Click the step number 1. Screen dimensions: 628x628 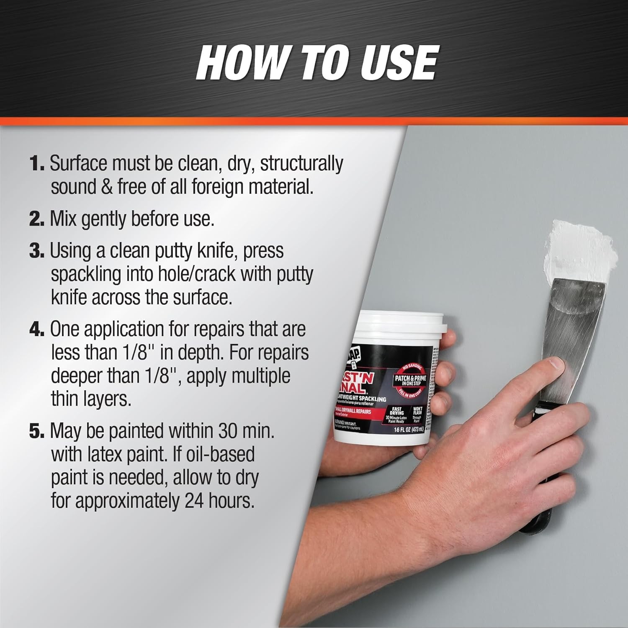click(x=36, y=163)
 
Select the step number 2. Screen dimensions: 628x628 click(x=36, y=219)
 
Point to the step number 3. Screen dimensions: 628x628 click(x=36, y=251)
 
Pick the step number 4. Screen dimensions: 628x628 click(x=36, y=329)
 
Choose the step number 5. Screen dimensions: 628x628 click(x=36, y=431)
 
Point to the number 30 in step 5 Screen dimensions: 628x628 click(x=229, y=431)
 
